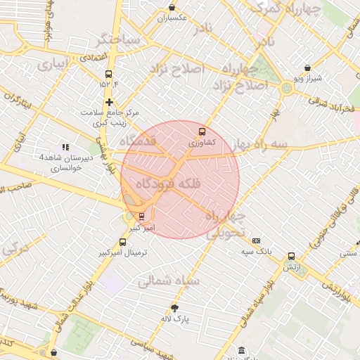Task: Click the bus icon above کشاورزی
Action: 202,131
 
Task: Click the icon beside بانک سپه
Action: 256,240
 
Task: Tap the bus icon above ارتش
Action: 291,257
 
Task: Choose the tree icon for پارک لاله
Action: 175,308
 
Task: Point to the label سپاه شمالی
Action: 169,281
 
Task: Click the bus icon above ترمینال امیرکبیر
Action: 124,243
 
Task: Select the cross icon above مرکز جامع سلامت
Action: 109,102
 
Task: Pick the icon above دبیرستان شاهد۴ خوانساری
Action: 65,147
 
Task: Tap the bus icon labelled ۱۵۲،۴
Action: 108,75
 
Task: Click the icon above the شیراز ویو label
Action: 307,68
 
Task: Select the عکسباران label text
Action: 172,17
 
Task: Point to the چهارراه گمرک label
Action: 283,9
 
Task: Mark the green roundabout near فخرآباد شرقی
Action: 286,89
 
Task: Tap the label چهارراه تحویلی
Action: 226,224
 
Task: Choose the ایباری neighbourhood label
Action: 53,66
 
